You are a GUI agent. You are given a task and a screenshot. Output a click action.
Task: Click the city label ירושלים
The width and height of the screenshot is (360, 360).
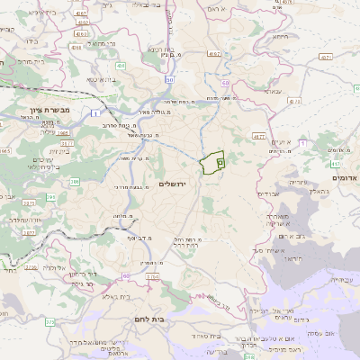170,184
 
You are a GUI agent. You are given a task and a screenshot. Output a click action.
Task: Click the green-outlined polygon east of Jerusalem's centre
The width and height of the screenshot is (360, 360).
212,163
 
